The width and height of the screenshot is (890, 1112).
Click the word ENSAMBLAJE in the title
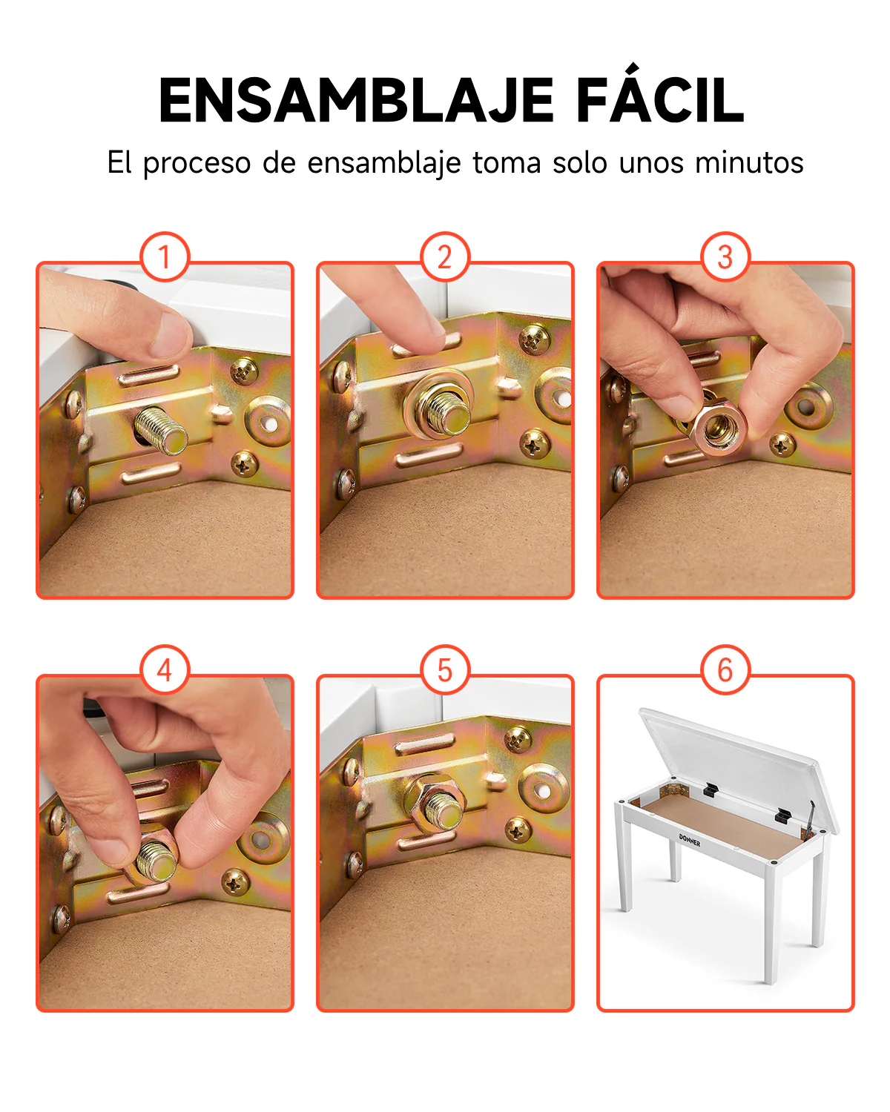[x=356, y=100]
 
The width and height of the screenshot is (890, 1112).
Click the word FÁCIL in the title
[x=660, y=94]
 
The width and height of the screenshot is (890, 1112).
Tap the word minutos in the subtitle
[x=749, y=162]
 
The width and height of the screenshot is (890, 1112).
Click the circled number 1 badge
[x=165, y=257]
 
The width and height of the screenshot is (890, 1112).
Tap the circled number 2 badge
[x=445, y=257]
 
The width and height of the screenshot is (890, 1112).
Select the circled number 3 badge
[x=725, y=257]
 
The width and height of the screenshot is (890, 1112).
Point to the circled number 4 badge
[x=165, y=669]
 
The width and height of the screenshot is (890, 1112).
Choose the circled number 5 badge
[x=445, y=669]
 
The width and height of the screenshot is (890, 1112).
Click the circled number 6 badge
[x=725, y=669]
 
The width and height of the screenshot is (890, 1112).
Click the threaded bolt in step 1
[x=162, y=430]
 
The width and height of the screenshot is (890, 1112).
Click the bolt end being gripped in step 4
[x=156, y=861]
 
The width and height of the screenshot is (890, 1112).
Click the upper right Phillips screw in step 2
[x=534, y=340]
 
